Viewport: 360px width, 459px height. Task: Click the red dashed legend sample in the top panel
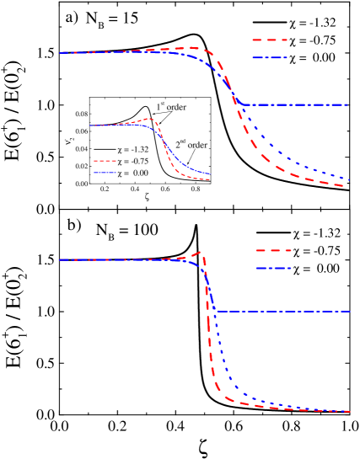tap(270, 40)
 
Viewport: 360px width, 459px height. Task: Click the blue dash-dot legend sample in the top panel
tap(270, 58)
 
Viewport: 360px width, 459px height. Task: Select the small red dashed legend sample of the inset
tap(105, 160)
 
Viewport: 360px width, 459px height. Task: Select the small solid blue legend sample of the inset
tap(105, 172)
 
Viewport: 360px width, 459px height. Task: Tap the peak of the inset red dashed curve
tap(149, 119)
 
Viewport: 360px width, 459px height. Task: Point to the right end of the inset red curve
tap(210, 179)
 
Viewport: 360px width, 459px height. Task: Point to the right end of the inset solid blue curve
tap(211, 174)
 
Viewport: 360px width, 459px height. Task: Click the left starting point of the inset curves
tap(90, 125)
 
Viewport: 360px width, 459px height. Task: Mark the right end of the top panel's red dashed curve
tap(344, 185)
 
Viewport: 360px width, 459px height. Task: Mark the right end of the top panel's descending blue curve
tap(349, 180)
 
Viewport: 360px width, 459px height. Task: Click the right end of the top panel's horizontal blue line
tap(349, 104)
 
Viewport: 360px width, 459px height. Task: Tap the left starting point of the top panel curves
tap(59, 53)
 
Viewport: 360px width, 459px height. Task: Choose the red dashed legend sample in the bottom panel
tap(273, 250)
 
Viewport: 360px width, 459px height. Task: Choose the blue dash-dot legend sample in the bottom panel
tap(273, 269)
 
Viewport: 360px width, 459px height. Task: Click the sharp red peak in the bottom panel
tap(200, 251)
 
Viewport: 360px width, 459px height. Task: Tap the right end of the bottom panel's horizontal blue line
tap(350, 312)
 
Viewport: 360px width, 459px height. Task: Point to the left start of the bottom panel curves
tap(59, 259)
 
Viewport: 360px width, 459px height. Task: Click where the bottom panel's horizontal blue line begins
tap(216, 312)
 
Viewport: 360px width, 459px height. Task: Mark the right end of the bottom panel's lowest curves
tap(350, 412)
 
